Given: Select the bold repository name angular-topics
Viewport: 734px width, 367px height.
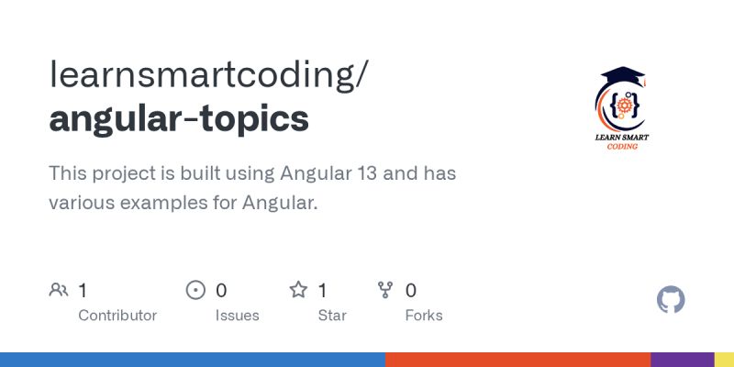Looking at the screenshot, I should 179,119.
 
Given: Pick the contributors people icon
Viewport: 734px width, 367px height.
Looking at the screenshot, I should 59,291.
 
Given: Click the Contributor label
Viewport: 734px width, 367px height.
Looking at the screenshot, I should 117,316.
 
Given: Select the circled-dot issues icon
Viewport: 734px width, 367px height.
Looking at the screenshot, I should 195,291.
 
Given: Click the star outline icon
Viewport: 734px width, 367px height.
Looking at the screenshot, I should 298,291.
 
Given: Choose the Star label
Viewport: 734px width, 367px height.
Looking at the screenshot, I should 331,316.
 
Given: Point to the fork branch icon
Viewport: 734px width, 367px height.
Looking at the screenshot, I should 385,291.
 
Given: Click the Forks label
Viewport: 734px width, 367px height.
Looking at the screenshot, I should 424,316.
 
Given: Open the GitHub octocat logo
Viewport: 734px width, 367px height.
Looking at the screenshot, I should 672,300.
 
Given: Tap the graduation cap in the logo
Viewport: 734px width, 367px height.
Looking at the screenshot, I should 624,76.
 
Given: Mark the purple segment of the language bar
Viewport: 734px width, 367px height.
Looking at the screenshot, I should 682,360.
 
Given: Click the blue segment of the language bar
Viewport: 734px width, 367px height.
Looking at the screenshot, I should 193,360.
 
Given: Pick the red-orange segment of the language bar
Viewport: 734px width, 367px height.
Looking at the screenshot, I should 518,360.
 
